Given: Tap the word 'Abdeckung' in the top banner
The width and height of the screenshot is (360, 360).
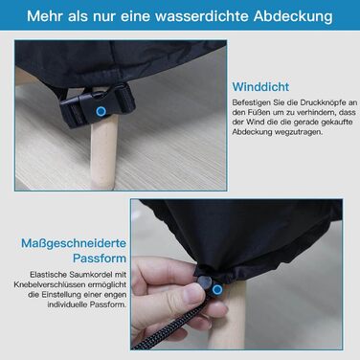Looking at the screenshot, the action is point(293,16).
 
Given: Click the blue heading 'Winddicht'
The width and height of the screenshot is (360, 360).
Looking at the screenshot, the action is point(260,87).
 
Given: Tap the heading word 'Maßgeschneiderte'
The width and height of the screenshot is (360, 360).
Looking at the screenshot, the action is point(74,243).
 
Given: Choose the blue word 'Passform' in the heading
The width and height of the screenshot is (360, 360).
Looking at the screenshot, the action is point(100,258).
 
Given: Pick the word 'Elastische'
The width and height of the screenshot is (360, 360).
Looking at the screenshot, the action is point(48,275).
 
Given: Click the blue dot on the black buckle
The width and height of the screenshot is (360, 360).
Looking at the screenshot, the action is point(101,112).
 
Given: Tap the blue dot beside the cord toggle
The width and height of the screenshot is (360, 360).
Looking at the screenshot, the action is point(217,290).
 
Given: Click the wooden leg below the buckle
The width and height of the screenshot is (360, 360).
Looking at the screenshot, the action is point(103,153).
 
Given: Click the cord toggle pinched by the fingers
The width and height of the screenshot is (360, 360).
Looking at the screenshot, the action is point(205,281).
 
